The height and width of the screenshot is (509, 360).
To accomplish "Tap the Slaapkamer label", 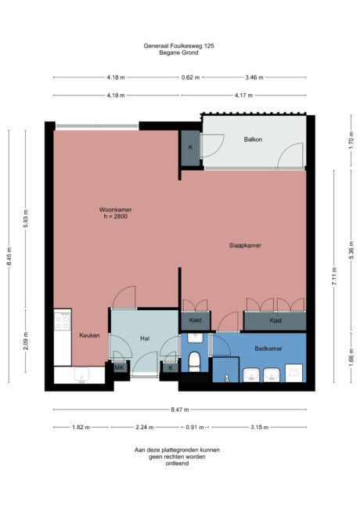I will coord(244,245).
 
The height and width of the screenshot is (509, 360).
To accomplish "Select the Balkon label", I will coord(252,139).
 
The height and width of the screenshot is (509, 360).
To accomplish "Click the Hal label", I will coord(144,339).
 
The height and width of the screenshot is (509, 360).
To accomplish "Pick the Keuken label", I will coord(89,335).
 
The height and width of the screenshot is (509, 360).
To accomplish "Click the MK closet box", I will coord(120,366).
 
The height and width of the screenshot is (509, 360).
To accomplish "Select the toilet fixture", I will coord(195,361).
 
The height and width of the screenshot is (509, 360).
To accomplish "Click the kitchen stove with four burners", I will coord(63,322).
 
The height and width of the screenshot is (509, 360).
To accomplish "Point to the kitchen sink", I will coord(81,376).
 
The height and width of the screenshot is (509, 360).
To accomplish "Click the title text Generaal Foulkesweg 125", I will coord(179,47).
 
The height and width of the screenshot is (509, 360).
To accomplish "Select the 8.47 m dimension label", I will coord(180,409).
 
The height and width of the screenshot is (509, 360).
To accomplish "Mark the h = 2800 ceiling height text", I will coord(113,216).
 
